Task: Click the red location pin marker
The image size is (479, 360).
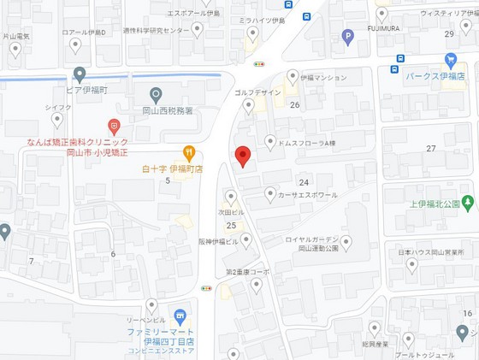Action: click(x=242, y=156)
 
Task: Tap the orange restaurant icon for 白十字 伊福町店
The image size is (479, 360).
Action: click(x=189, y=152)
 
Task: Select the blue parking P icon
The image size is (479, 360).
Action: click(x=347, y=36)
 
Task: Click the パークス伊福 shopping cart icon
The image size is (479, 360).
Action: click(x=451, y=60)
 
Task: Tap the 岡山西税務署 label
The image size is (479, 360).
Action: click(x=166, y=111)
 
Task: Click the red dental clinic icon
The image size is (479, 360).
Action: click(x=114, y=127)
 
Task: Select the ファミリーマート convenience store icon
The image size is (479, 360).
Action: click(x=179, y=316)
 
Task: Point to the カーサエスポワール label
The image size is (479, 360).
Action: click(x=307, y=194)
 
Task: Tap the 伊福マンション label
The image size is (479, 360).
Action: click(x=323, y=78)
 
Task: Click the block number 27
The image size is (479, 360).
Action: click(x=430, y=149)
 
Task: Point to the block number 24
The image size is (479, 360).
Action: click(x=303, y=182)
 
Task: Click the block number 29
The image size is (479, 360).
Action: click(x=449, y=34)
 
